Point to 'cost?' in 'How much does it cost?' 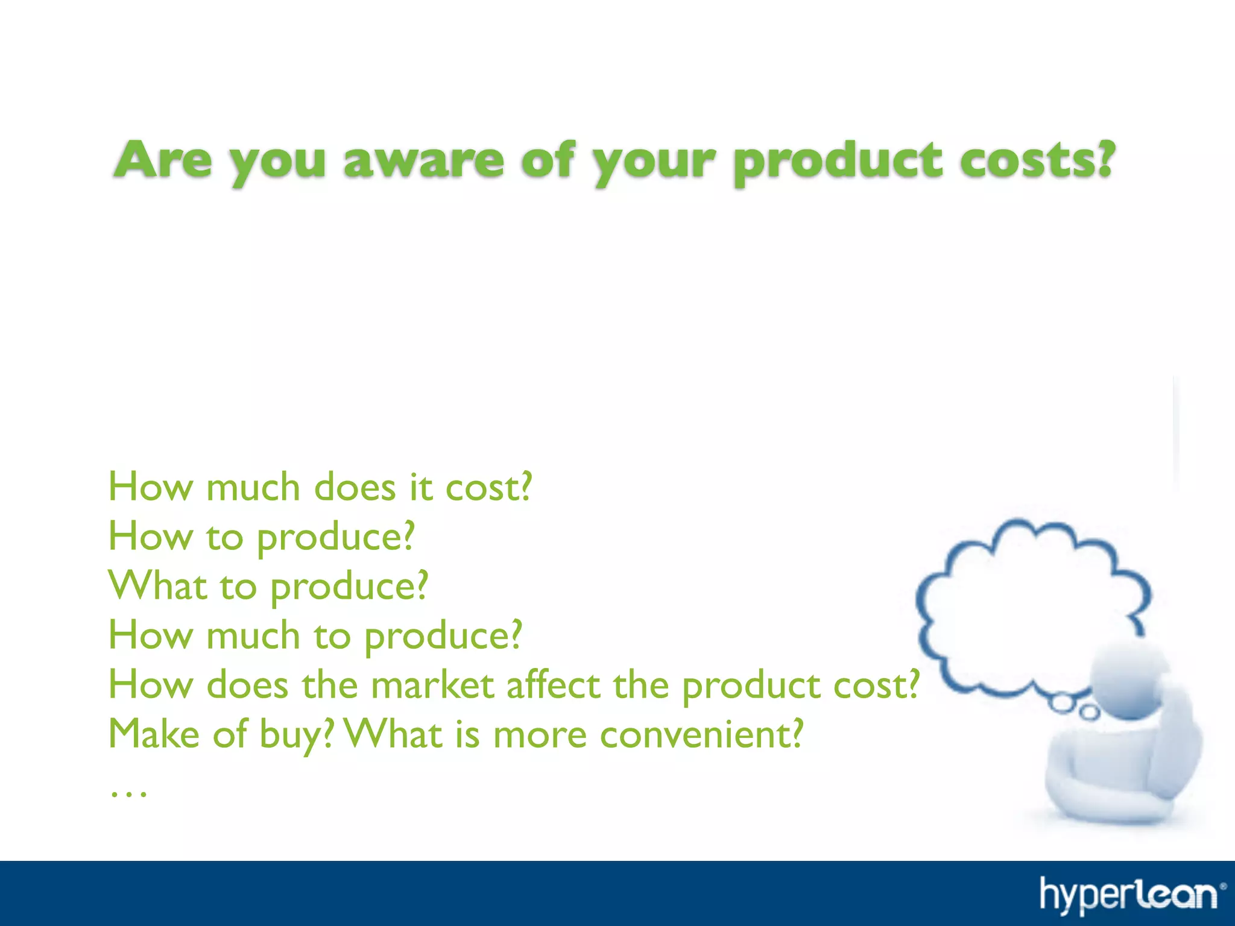(488, 487)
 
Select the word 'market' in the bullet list (432, 685)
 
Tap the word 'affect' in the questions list (554, 685)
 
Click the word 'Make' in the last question (154, 734)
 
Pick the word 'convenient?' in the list (701, 734)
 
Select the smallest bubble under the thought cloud (1088, 713)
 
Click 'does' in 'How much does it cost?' (355, 487)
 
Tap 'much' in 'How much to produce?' (253, 635)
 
